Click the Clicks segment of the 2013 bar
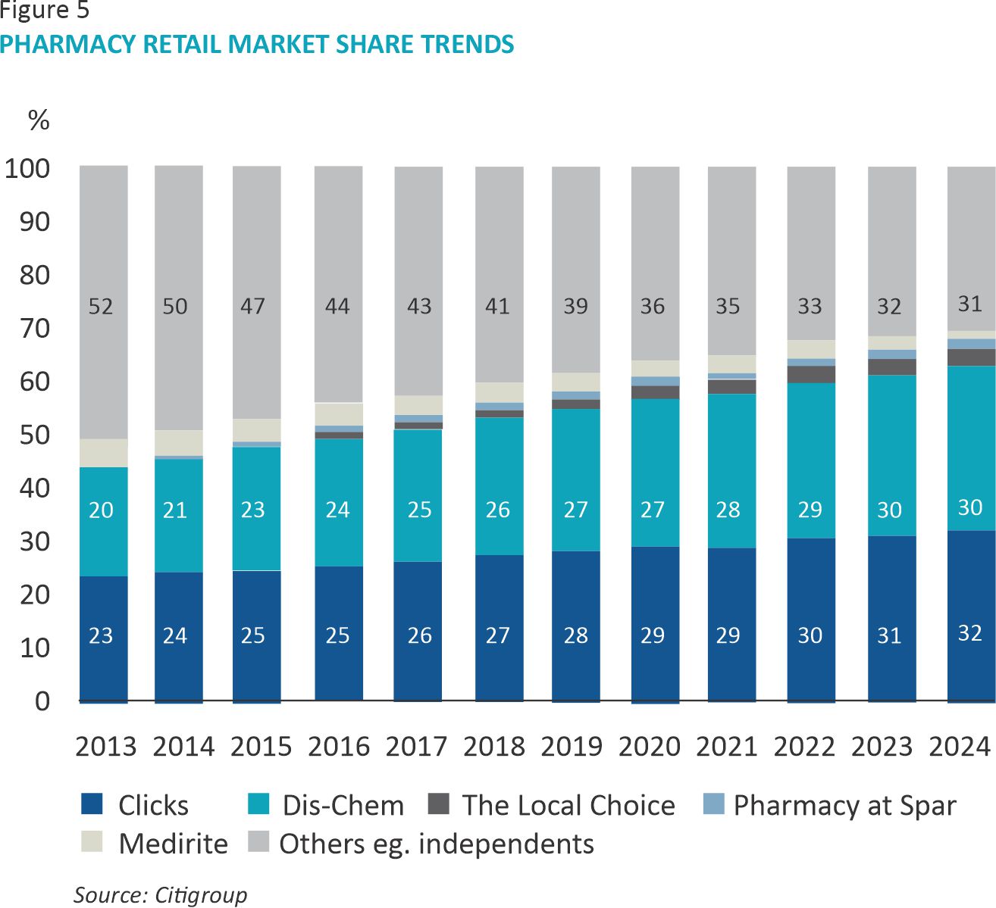click(103, 606)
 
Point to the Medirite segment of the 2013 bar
click(103, 453)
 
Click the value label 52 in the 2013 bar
click(101, 307)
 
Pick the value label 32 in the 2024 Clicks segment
click(970, 633)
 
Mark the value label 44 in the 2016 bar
click(337, 307)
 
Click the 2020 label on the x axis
click(649, 747)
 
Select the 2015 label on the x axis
click(261, 747)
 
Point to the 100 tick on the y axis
click(27, 169)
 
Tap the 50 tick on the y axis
click(35, 435)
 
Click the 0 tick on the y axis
click(42, 701)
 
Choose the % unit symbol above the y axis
click(39, 120)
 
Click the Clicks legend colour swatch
click(92, 803)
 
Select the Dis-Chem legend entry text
click(343, 805)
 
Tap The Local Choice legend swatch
click(439, 803)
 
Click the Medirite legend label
click(174, 844)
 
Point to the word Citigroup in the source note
click(201, 895)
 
